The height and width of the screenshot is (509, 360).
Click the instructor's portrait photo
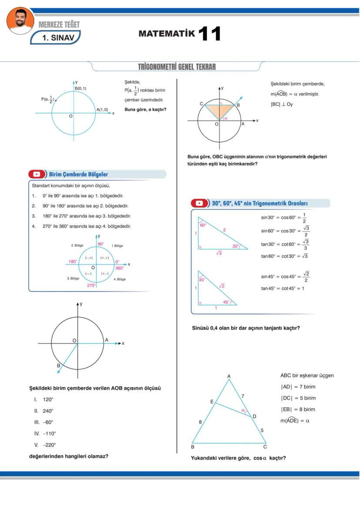click(20, 20)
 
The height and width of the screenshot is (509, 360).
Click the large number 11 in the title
click(210, 33)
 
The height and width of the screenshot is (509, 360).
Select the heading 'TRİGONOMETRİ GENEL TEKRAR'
click(177, 67)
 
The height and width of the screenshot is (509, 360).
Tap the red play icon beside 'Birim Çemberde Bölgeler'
click(37, 174)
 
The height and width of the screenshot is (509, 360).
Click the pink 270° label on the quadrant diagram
click(91, 286)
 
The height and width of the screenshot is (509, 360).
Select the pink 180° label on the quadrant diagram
click(73, 262)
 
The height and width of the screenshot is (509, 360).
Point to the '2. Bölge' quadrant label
click(77, 246)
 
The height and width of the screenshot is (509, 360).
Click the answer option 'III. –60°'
click(44, 422)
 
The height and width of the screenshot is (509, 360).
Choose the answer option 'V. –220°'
click(45, 445)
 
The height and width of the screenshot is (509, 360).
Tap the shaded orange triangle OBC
click(220, 109)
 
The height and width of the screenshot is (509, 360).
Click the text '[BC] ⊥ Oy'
click(281, 104)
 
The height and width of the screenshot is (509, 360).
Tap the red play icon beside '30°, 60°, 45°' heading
click(199, 203)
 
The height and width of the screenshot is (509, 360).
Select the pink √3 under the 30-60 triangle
click(219, 253)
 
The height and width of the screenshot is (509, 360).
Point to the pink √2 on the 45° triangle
click(221, 286)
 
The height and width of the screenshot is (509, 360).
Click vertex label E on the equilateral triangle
click(212, 402)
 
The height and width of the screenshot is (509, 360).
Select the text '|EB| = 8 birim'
click(298, 409)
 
